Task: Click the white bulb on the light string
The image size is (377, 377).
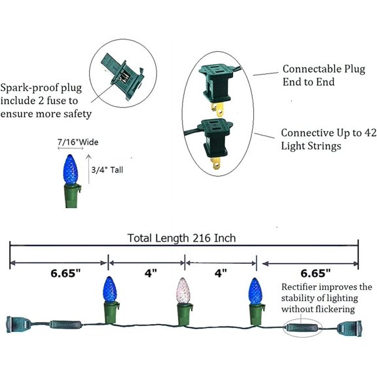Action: point(183,291)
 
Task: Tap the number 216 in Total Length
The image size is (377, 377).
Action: point(202,238)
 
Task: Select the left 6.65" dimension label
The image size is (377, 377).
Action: point(65,273)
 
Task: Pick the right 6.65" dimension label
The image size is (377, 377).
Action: point(315,273)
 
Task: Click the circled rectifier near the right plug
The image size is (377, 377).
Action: point(302,327)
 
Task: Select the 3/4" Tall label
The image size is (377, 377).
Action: point(107,170)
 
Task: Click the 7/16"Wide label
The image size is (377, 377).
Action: point(78,142)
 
